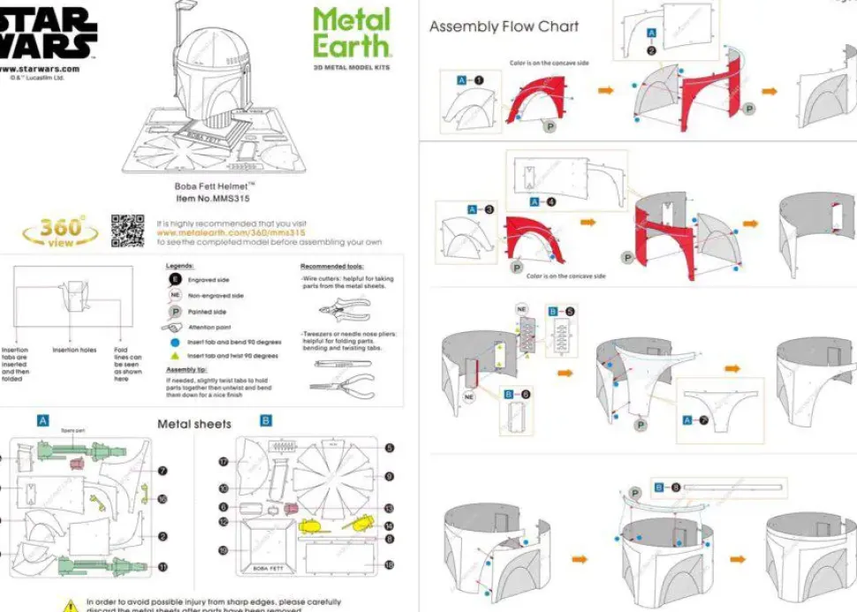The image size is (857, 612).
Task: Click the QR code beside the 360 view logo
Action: pos(127,230)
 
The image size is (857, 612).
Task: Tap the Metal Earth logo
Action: pos(351,34)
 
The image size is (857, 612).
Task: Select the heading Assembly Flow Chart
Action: pos(504,26)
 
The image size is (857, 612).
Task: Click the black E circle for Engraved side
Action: pos(175,280)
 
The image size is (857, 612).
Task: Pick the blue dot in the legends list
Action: pos(175,342)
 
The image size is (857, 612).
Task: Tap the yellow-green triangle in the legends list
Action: pos(175,355)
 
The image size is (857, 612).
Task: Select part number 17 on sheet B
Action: pos(224,461)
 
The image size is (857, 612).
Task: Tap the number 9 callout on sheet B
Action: pos(390,477)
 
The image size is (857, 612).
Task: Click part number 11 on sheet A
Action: pos(163,567)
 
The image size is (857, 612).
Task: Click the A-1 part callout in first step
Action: pos(470,79)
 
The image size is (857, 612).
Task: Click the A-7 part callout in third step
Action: pos(696,420)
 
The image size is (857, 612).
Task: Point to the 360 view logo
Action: pos(61,231)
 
